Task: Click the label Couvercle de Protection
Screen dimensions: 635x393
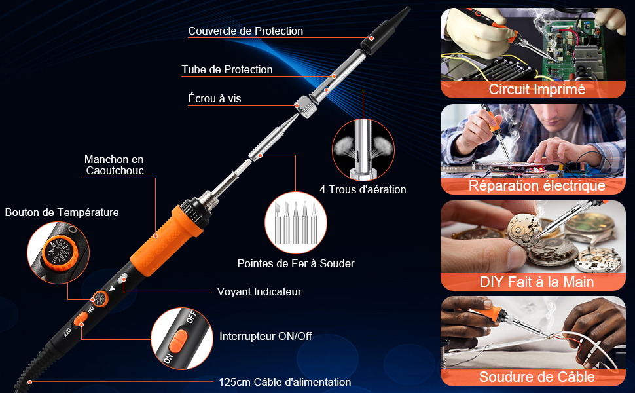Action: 245,31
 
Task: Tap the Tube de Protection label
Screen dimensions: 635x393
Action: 227,69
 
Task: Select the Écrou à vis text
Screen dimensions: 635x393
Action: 215,98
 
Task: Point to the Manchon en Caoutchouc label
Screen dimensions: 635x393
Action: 115,165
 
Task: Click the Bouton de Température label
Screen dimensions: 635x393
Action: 62,212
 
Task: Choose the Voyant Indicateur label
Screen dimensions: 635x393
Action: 259,291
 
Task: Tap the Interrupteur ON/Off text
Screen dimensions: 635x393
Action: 266,336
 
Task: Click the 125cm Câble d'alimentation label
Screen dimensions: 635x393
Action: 285,382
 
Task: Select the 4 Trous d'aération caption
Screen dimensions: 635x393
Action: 363,189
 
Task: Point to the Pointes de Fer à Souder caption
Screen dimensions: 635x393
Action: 296,264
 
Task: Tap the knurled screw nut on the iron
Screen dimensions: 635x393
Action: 306,106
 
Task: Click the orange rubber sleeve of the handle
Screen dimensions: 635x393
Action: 166,241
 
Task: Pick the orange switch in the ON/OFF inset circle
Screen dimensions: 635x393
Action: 179,341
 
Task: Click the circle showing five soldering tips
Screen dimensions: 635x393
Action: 296,223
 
